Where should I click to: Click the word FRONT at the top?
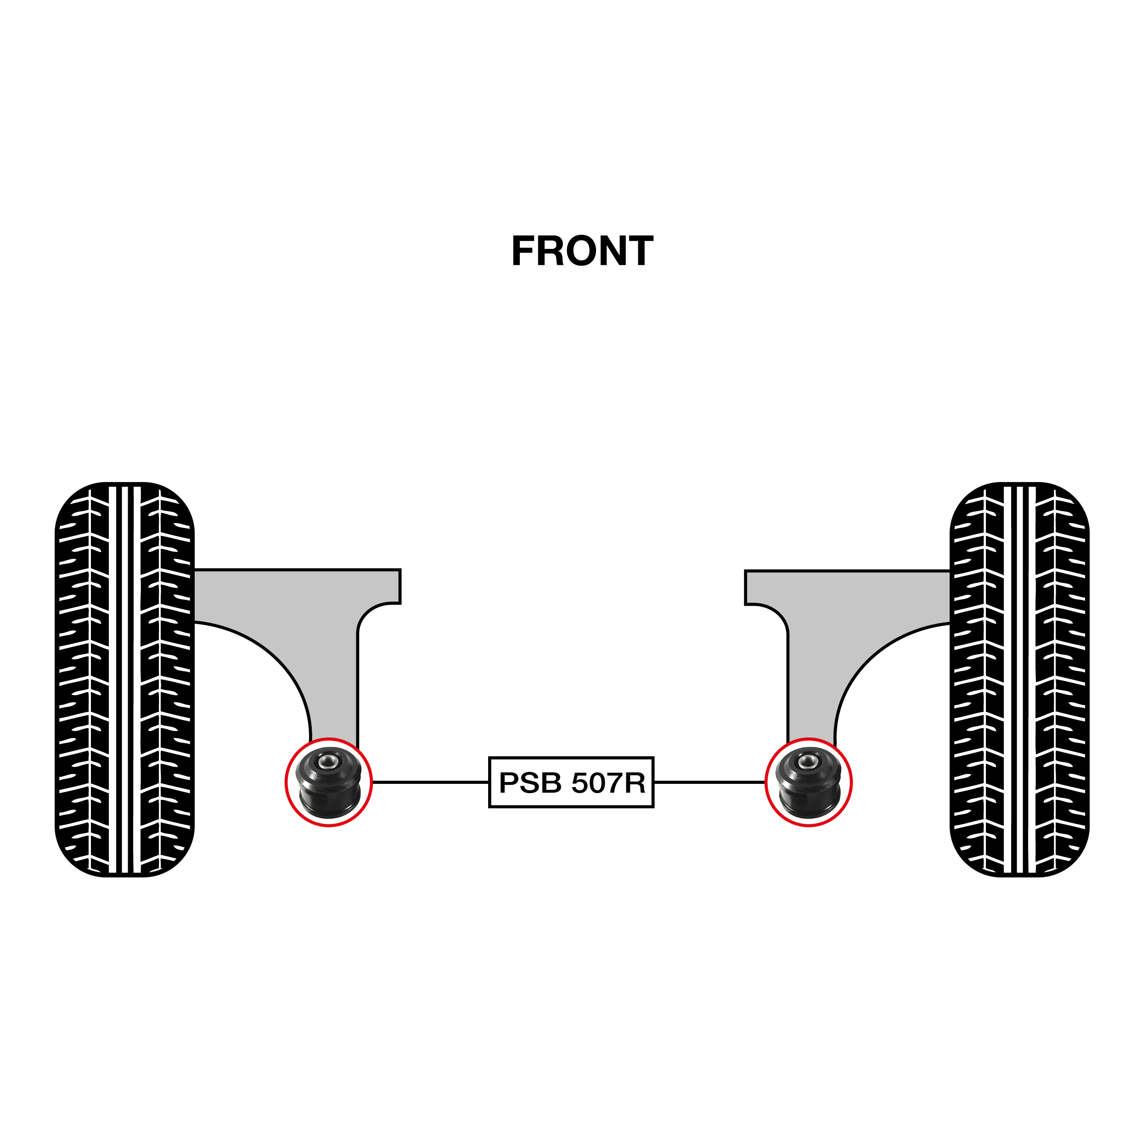click(x=582, y=251)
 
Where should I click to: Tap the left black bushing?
click(x=329, y=782)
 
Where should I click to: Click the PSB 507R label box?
click(x=571, y=782)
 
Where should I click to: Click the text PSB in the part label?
click(x=530, y=782)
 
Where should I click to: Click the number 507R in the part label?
click(x=608, y=782)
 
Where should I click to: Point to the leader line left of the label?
click(x=430, y=782)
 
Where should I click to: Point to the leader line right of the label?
click(x=709, y=782)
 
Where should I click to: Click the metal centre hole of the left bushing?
click(x=326, y=761)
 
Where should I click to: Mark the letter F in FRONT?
click(x=524, y=251)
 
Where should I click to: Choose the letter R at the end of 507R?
click(x=635, y=782)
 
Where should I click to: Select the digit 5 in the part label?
click(x=580, y=782)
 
